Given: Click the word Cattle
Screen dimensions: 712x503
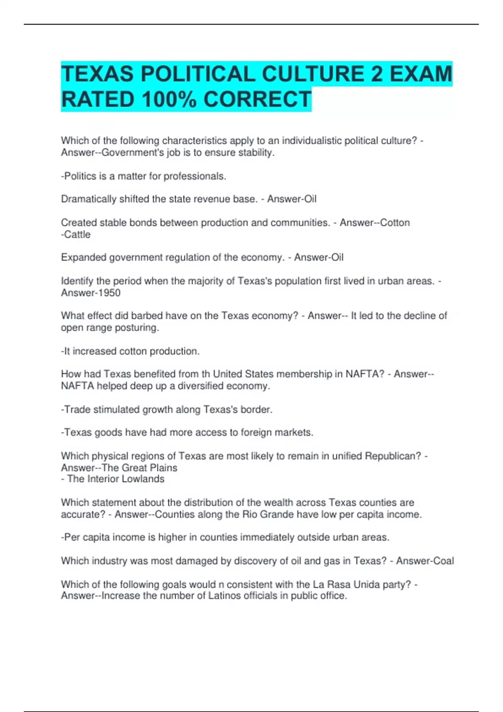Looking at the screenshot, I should [77, 235].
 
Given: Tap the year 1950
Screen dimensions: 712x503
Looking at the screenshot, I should [109, 293].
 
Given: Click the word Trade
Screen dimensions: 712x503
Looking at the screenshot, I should [77, 410].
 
